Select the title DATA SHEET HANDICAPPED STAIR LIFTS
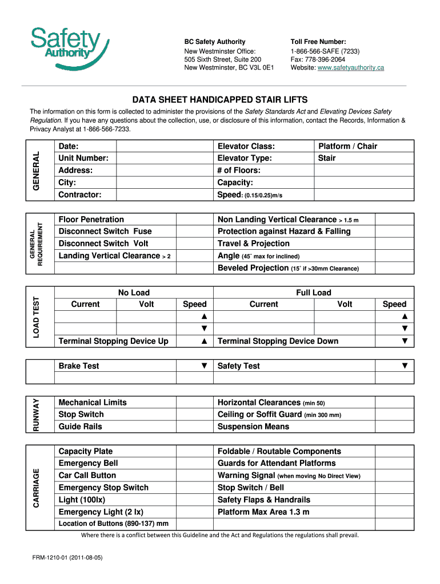coord(220,99)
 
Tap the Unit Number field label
coord(83,158)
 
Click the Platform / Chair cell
coord(347,146)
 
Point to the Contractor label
coord(80,194)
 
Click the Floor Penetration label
coord(91,219)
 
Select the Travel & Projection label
coord(254,243)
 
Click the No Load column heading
coord(134,293)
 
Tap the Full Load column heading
coord(313,293)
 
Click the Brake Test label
coord(79,366)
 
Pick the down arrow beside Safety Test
coord(405,366)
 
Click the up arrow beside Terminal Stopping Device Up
coord(203,341)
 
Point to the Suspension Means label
coord(253,426)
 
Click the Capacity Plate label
coord(86,451)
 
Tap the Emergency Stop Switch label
coord(103,487)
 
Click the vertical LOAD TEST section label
coord(36,317)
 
